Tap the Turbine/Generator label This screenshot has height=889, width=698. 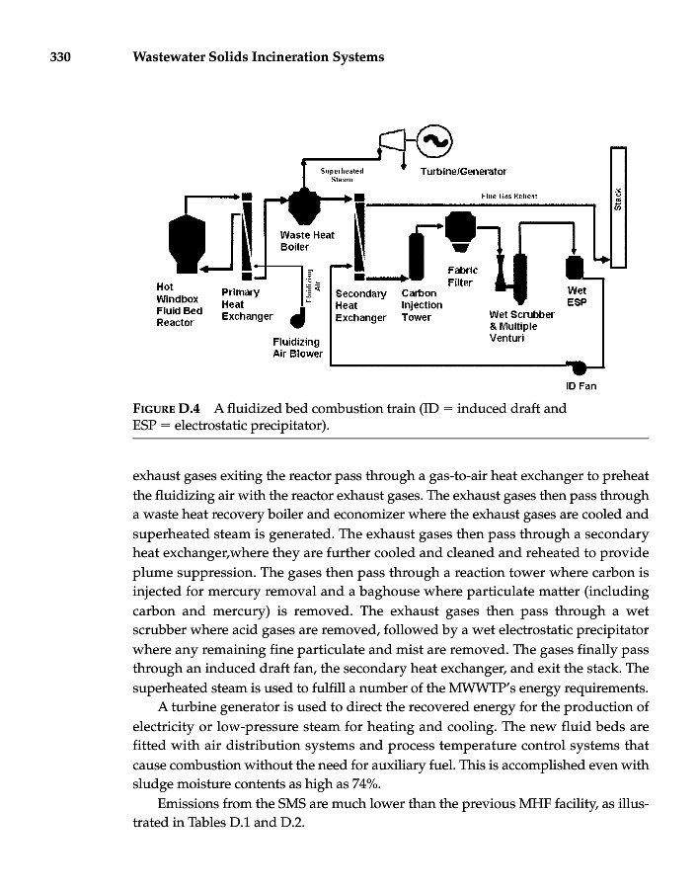(463, 171)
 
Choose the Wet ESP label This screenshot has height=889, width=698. (578, 296)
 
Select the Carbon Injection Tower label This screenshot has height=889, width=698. (422, 305)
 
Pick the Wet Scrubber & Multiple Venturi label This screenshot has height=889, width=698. (521, 326)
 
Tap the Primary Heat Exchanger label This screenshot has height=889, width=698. (246, 304)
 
